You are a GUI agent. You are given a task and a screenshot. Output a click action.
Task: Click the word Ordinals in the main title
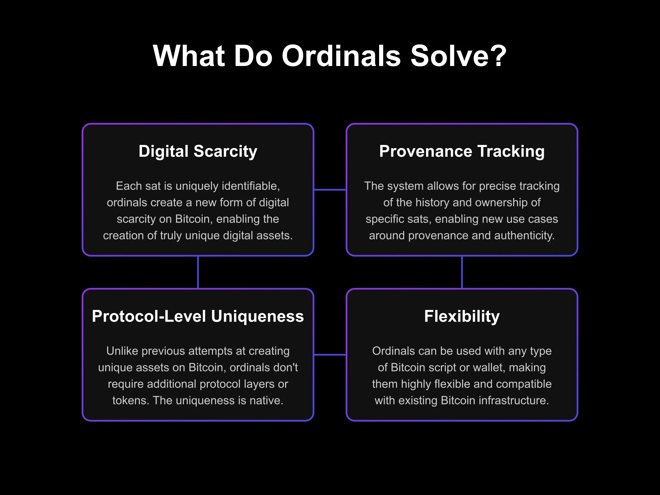(x=341, y=56)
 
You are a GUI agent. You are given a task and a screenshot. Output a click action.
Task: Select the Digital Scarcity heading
(x=198, y=151)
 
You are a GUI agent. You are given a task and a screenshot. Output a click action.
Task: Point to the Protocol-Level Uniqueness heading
(x=198, y=316)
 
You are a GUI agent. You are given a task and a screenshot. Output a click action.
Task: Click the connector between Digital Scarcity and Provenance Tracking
(x=330, y=190)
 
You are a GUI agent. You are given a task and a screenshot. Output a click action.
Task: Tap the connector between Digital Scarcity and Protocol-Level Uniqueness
(x=198, y=272)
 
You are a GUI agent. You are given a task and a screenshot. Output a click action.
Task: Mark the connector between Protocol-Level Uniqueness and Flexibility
(x=330, y=355)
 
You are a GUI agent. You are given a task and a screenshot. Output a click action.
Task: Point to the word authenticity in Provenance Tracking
(x=524, y=235)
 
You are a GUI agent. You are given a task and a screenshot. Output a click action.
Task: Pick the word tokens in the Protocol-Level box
(x=130, y=400)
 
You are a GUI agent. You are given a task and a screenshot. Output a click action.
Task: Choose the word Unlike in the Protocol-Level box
(x=122, y=351)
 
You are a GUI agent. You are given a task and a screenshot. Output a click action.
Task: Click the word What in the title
(x=188, y=56)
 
